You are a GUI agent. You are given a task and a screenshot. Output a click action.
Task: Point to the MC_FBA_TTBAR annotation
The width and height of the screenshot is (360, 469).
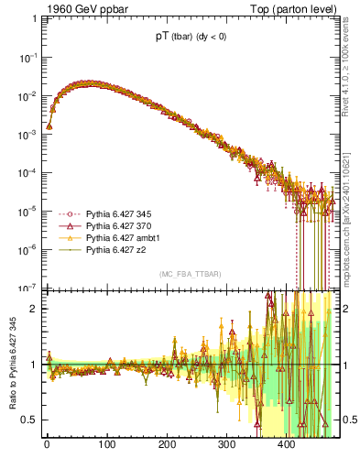click(x=191, y=274)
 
